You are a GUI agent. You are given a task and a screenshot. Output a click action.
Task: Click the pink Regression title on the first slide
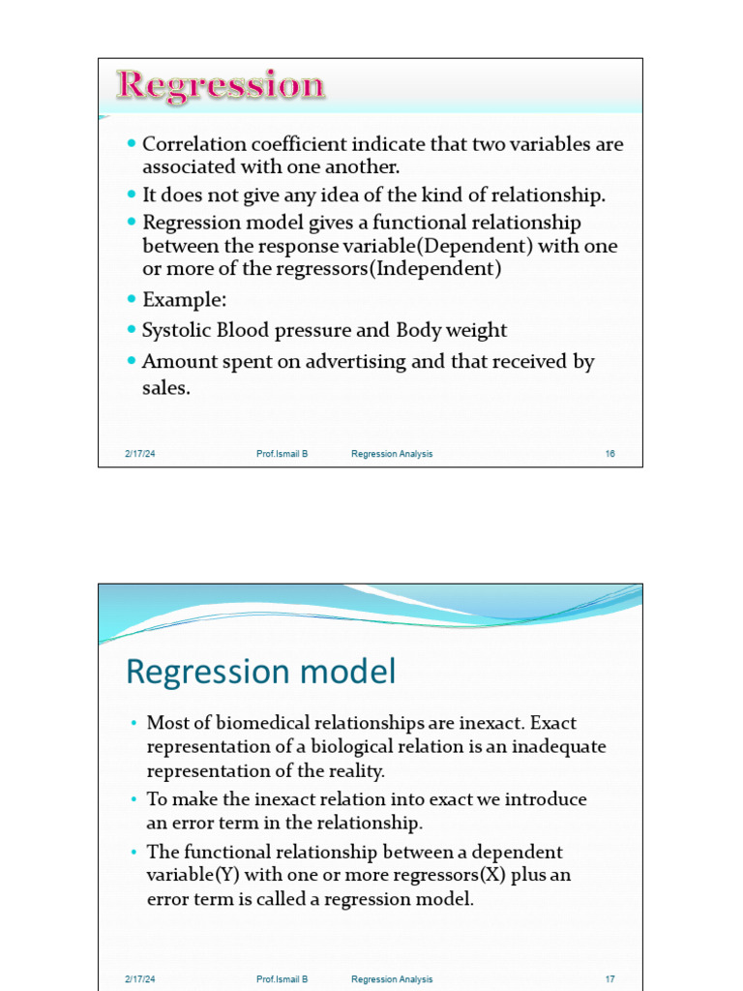coord(221,86)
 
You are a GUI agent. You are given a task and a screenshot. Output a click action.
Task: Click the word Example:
coord(184,299)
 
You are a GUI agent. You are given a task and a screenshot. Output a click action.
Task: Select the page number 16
coord(609,454)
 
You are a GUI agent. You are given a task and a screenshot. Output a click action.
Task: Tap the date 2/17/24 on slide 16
coord(139,454)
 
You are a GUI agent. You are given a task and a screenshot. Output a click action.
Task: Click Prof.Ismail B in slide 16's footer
coord(282,454)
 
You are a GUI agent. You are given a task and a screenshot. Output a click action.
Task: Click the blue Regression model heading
coord(261,672)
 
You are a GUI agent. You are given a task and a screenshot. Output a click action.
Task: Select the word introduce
coord(545,799)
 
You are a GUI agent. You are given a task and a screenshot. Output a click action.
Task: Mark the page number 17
coord(609,979)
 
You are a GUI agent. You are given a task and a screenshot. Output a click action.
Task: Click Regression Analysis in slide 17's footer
coord(392,979)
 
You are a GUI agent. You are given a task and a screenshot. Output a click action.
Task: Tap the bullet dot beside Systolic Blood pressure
coord(132,330)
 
